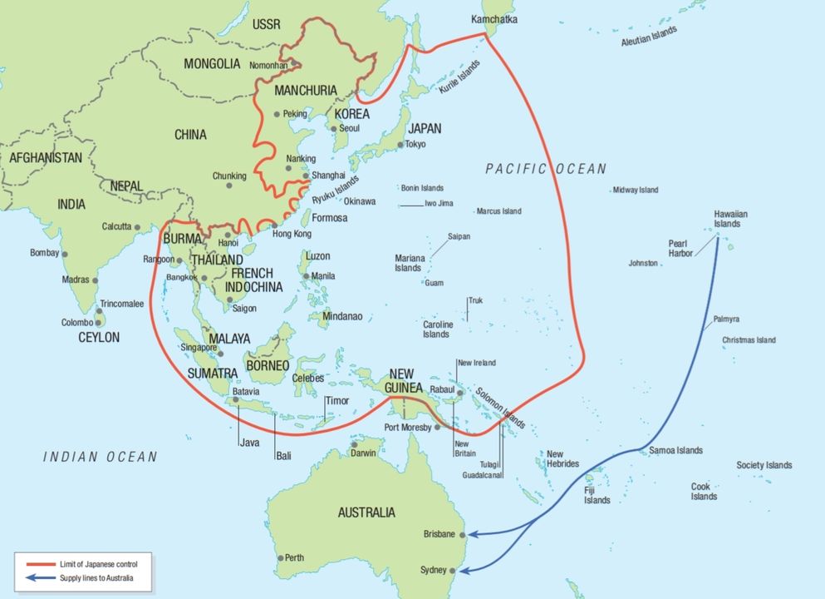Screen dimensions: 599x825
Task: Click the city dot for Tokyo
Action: tap(400, 145)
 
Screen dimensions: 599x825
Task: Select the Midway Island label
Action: tap(635, 190)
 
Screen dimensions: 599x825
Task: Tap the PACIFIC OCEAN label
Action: tap(546, 169)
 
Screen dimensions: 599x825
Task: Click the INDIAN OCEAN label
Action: tap(100, 457)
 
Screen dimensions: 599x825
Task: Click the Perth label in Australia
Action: tap(294, 557)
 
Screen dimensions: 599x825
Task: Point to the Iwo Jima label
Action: tap(439, 203)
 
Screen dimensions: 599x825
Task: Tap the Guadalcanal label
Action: tap(482, 475)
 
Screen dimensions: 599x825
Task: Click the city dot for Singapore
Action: tap(220, 354)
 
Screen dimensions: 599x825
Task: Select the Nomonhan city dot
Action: tap(293, 62)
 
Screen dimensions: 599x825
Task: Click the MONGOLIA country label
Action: tap(212, 63)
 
